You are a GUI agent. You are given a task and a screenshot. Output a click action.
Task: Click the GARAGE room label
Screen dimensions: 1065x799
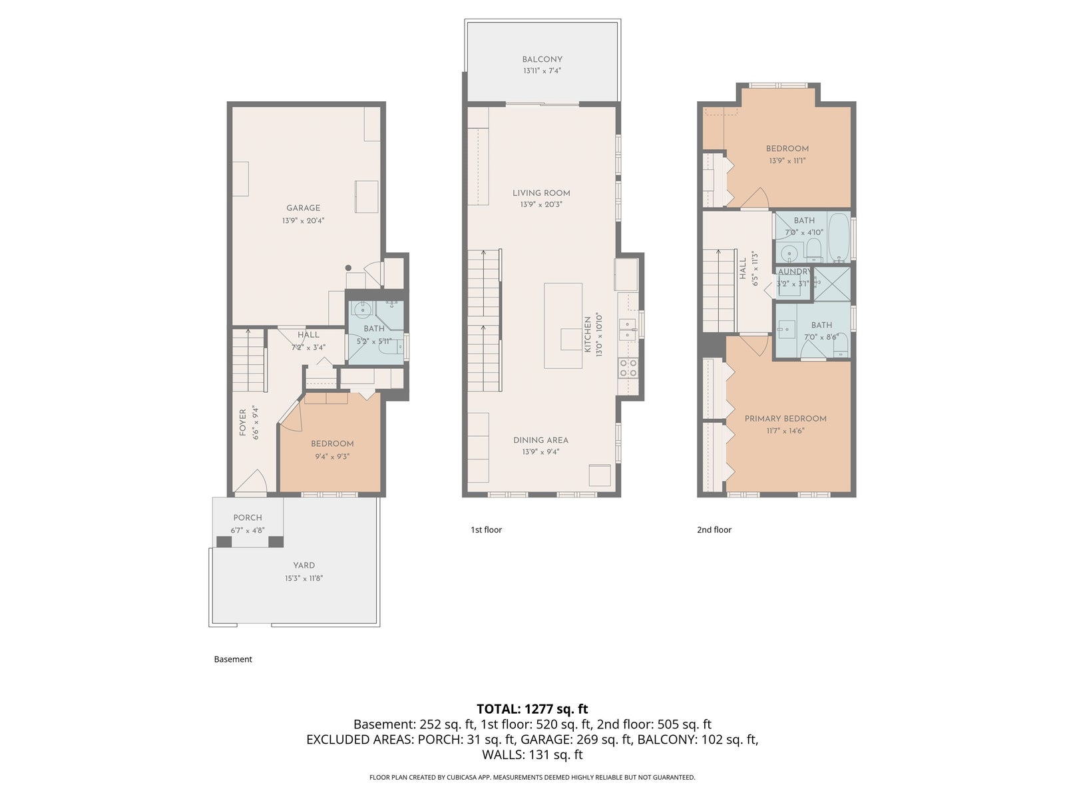point(303,208)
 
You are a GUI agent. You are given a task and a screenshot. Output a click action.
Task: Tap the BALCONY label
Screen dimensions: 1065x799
point(542,59)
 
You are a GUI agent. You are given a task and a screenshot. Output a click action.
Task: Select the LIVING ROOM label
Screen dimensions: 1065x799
point(541,193)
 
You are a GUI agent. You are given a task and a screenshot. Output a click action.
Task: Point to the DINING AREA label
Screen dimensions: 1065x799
point(540,441)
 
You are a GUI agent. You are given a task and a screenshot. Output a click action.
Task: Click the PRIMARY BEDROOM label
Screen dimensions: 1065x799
point(785,419)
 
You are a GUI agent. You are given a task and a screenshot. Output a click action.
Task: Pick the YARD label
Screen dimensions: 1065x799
point(304,566)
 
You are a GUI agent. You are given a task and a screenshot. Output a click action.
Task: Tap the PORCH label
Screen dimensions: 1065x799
point(248,518)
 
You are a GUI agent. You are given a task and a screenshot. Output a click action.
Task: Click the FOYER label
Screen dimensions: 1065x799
point(242,423)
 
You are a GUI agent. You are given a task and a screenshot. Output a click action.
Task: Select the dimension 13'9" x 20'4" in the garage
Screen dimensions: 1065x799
point(304,221)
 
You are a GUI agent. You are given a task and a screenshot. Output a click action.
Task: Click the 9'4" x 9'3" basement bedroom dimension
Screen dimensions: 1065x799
point(332,457)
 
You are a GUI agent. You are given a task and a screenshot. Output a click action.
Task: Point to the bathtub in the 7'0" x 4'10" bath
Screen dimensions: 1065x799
point(839,237)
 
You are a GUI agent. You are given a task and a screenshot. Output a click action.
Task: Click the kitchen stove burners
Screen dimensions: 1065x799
point(628,368)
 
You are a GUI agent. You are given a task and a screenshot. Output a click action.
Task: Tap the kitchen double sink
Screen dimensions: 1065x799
point(628,330)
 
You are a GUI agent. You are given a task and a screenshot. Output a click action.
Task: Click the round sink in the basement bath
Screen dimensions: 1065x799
point(361,308)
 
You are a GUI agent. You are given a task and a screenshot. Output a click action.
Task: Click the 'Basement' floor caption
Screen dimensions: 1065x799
point(233,659)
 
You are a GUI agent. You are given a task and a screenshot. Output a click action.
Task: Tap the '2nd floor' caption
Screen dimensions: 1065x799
point(714,530)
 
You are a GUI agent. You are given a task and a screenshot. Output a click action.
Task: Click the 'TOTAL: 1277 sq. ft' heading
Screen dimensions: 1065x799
point(532,709)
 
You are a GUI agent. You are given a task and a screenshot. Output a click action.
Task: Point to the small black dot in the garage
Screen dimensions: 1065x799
point(348,268)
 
